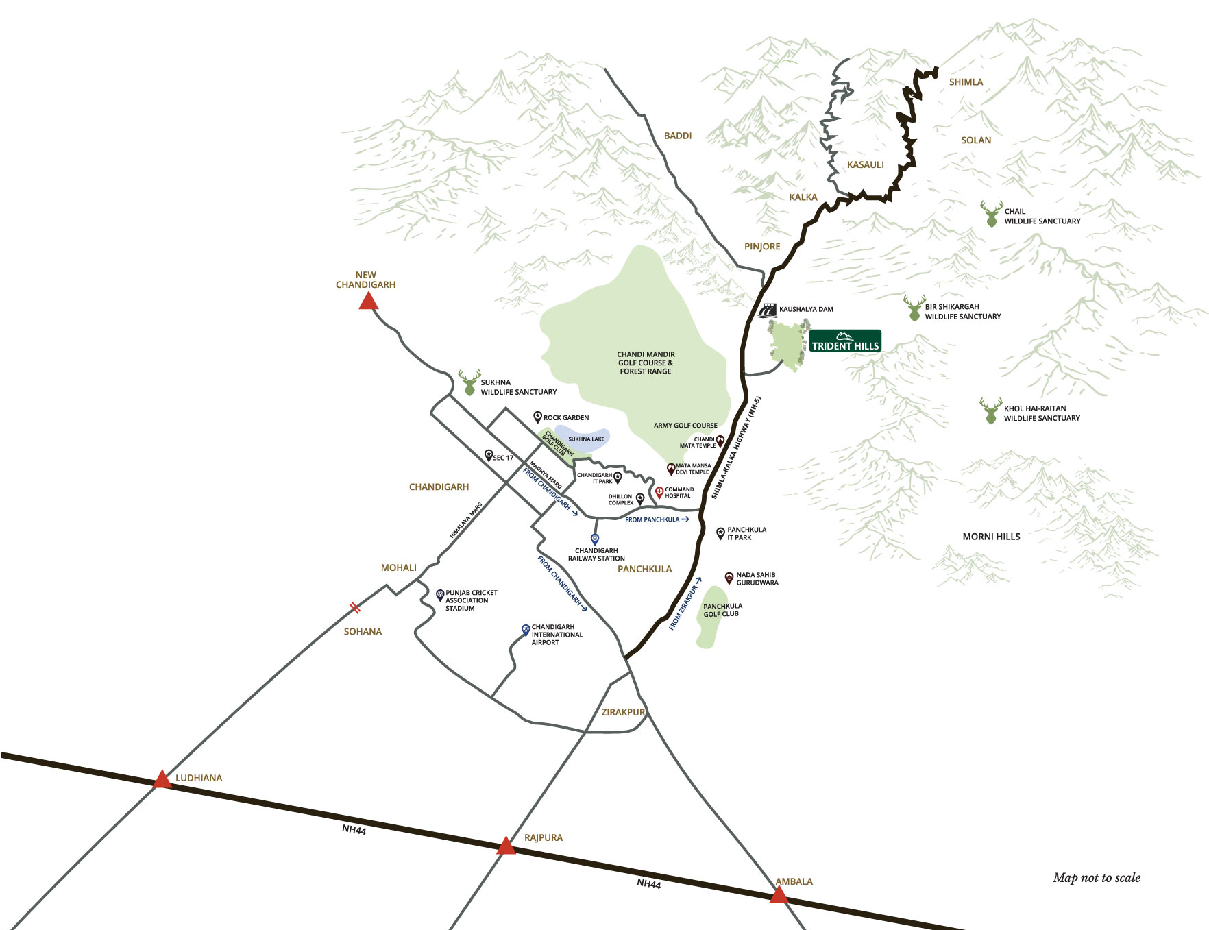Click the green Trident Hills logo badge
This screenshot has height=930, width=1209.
(844, 341)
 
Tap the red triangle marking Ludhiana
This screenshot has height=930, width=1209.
(162, 780)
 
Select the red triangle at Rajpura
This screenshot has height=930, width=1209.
(506, 846)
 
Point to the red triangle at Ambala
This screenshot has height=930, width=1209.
(779, 895)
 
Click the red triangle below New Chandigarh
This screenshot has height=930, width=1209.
(368, 302)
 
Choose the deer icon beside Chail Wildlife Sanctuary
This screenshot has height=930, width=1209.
(991, 215)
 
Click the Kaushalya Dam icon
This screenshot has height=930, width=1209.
(768, 310)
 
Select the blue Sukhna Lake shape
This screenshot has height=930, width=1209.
(582, 439)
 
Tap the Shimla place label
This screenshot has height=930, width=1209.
(966, 82)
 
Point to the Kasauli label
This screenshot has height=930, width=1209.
(865, 165)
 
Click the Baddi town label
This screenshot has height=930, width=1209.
(677, 136)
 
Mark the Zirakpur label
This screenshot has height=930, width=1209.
(622, 713)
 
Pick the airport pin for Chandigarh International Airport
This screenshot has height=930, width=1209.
(526, 629)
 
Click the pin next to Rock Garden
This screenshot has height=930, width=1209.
(537, 417)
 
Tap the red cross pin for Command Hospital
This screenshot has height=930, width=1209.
(659, 492)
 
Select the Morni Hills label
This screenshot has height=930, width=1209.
(991, 537)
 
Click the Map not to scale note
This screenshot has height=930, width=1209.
(1096, 878)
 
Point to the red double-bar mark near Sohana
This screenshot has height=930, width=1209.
(354, 607)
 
